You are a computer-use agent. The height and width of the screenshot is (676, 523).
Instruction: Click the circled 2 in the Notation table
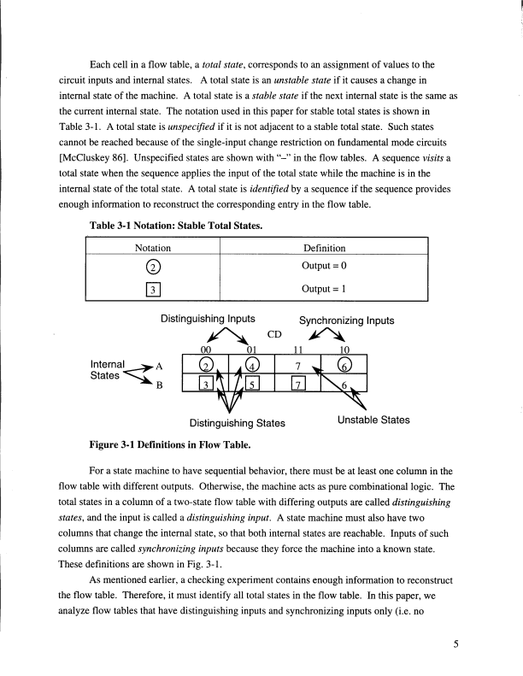click(153, 263)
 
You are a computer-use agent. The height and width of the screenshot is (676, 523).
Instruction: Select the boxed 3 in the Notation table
click(153, 286)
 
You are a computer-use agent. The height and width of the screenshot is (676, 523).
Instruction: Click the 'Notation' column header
click(153, 248)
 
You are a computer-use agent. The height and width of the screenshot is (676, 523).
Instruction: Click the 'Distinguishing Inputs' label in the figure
click(208, 319)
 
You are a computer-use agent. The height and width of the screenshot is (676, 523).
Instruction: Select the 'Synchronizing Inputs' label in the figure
click(346, 321)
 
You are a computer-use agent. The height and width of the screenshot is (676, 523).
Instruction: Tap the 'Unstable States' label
click(374, 420)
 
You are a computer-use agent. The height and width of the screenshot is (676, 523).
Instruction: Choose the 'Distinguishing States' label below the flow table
click(237, 421)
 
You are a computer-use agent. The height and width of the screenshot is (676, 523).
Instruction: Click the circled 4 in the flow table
click(252, 365)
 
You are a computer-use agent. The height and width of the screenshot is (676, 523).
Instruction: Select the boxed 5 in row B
click(252, 386)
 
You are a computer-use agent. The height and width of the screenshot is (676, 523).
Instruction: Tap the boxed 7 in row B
click(298, 386)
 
